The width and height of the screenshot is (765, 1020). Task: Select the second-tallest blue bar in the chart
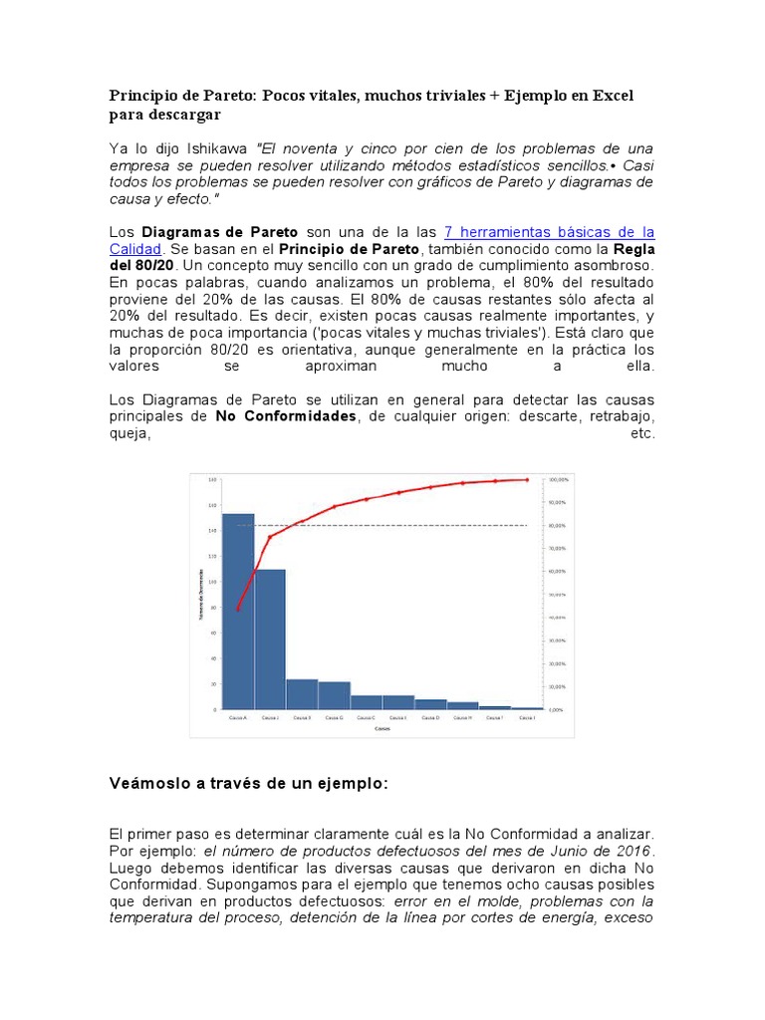(270, 637)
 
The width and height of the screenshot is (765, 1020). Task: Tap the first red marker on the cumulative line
(238, 609)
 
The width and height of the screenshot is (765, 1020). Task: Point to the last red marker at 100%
(527, 479)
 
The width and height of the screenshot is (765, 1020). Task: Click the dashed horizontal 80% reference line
(398, 525)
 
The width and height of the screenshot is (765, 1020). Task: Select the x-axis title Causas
(382, 729)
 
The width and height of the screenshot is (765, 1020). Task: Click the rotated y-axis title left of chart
(201, 595)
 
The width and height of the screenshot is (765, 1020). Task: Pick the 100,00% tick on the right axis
(557, 479)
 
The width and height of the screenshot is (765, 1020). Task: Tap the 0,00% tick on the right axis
(556, 709)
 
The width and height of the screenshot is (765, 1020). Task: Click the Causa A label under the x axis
(238, 717)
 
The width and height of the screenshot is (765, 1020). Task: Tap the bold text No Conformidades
(286, 416)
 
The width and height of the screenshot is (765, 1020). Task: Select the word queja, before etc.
(129, 433)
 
